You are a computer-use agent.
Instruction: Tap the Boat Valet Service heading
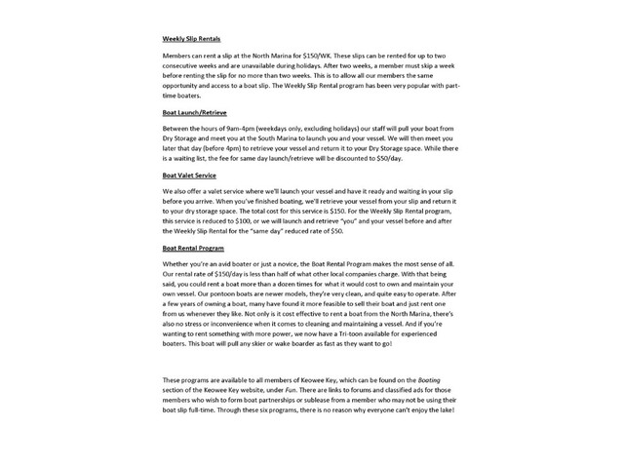point(189,175)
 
